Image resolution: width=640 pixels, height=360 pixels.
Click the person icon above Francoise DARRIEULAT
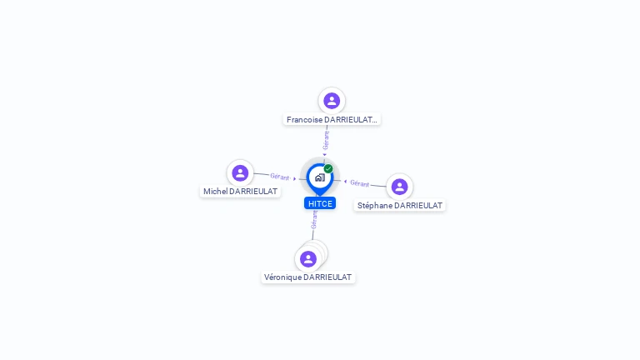[332, 101]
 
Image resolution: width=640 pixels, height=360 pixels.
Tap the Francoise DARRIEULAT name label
[332, 120]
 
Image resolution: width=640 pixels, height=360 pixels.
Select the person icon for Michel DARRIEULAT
[240, 172]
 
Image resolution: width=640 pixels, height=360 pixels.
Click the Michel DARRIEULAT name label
[240, 192]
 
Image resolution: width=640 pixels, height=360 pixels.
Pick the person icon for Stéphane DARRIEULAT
[399, 187]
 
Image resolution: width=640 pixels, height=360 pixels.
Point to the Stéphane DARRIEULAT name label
[400, 206]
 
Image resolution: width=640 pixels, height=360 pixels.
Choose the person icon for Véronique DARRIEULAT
[308, 259]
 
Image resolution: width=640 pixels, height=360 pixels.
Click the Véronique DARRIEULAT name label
[308, 277]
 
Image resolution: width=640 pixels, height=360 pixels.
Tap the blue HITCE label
[320, 203]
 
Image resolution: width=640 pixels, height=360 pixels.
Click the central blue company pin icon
[319, 177]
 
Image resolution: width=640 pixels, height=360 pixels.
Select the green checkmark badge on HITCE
[328, 168]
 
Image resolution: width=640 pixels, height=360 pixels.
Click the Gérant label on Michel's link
[280, 177]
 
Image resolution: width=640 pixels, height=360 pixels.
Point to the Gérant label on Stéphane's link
[360, 183]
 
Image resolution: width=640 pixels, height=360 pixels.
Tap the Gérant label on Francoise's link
[326, 140]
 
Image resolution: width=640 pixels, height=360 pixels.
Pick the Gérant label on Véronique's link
[314, 219]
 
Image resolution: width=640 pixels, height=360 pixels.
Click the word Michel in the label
[215, 192]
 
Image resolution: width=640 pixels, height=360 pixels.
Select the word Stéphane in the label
[374, 206]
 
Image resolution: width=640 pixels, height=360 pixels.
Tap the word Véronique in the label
[282, 277]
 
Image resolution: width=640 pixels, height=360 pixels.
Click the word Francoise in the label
[305, 120]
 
